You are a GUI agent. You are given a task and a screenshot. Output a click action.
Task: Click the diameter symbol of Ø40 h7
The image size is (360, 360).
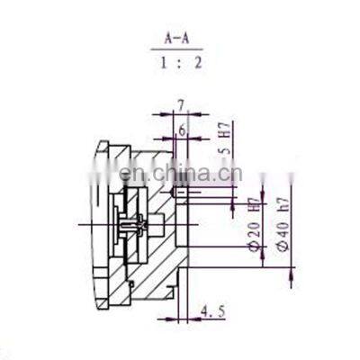pyautogui.click(x=283, y=246)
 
